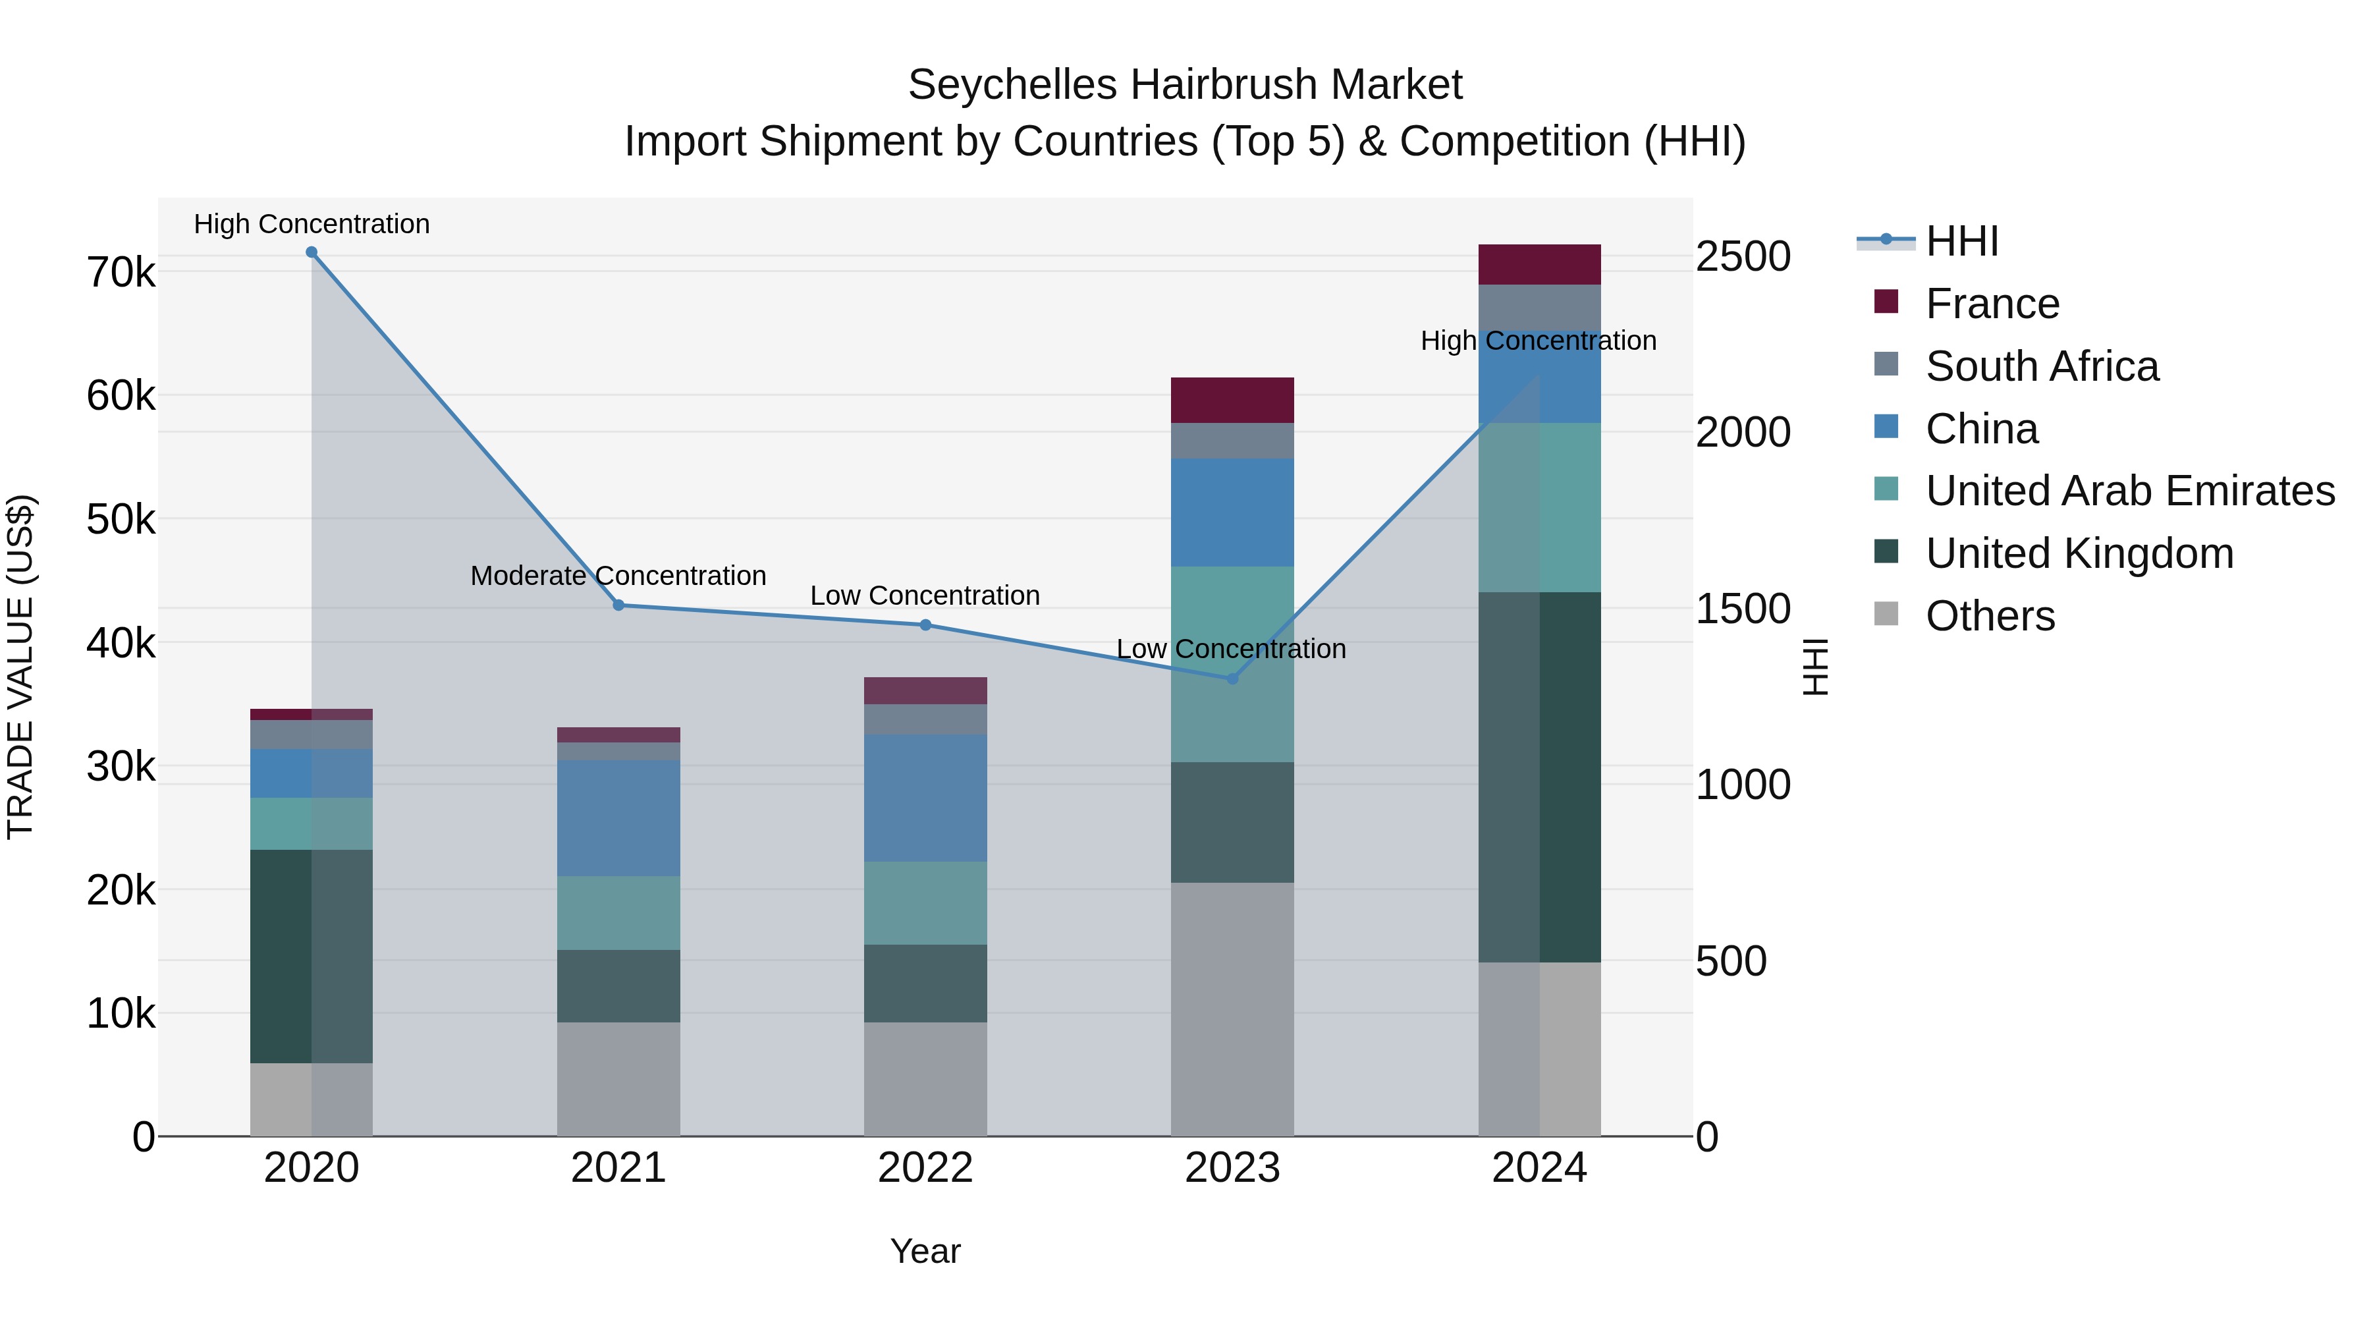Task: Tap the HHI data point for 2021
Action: [618, 605]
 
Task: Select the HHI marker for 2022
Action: [926, 625]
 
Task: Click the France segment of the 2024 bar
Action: [1539, 264]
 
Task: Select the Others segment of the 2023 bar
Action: [1232, 1009]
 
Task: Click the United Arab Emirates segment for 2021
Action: [618, 912]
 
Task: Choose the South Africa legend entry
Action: [2042, 366]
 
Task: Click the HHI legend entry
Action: [1961, 241]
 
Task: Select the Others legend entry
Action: [1989, 616]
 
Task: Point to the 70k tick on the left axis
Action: [121, 273]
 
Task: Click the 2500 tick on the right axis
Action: [1742, 256]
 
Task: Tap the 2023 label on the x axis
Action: [1232, 1168]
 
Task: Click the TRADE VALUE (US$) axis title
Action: [20, 667]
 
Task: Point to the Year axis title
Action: [925, 1251]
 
